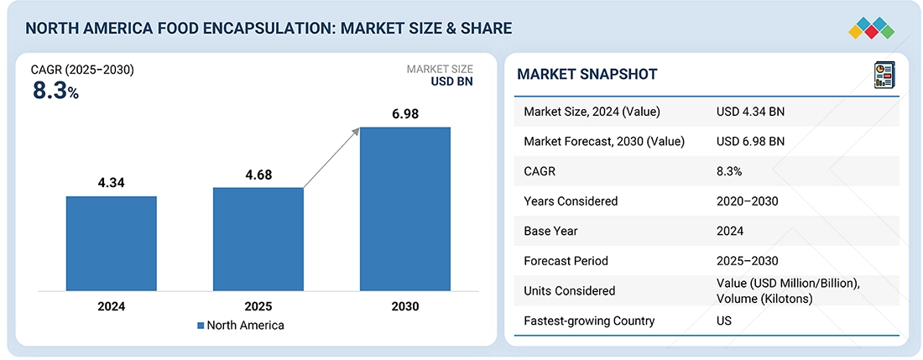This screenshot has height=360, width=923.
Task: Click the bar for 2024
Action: pos(112,245)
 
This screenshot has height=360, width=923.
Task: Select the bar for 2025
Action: pos(258,241)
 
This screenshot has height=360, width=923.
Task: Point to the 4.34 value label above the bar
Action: pos(112,182)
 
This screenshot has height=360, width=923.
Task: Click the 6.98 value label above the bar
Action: pos(405,113)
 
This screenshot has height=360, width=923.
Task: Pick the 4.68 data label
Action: pos(258,175)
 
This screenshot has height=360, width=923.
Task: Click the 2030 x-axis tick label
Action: pos(405,307)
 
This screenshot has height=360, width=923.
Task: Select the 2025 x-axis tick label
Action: pos(258,307)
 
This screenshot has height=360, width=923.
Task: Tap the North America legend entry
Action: pos(241,326)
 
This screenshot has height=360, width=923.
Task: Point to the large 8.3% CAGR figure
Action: pos(55,91)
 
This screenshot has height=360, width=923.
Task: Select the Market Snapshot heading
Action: pos(587,75)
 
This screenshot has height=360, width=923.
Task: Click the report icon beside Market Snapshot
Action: pos(884,75)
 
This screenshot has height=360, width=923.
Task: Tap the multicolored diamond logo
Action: pos(873,27)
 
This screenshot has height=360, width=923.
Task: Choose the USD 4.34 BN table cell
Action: pos(750,112)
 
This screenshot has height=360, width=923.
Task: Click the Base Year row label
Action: pos(550,231)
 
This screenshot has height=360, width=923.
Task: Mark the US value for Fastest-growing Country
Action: pos(724,321)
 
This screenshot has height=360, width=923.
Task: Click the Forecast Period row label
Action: pos(565,260)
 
